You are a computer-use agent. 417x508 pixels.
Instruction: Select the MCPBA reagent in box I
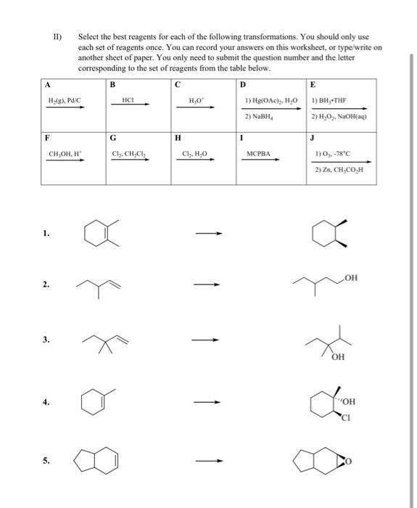point(257,154)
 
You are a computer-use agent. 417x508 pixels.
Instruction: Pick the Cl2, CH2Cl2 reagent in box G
point(129,154)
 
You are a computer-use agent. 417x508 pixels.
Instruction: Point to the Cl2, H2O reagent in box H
point(194,154)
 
